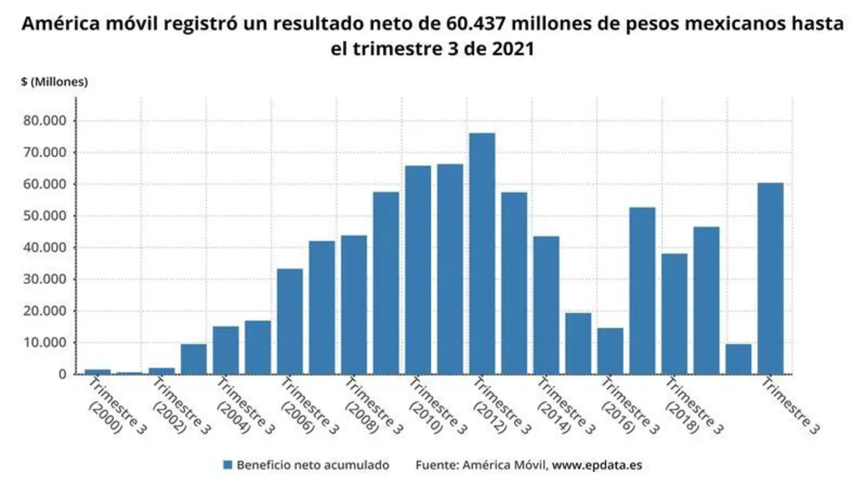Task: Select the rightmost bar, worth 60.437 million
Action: point(771,278)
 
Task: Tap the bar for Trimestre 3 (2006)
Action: point(290,321)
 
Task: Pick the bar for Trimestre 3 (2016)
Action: point(610,351)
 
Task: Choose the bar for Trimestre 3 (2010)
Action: point(417,270)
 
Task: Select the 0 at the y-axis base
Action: point(62,374)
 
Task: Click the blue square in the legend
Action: point(228,465)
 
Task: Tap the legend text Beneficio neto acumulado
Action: point(313,465)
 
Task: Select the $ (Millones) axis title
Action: point(55,82)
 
